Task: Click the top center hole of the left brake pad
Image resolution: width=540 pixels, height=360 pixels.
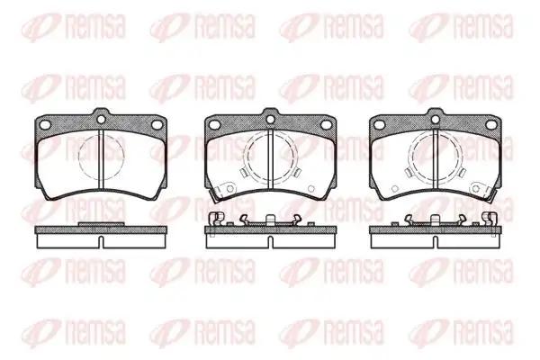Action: tap(101, 119)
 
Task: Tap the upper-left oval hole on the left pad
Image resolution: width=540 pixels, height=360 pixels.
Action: tap(45, 124)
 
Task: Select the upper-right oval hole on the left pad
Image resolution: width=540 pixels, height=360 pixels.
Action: tap(157, 124)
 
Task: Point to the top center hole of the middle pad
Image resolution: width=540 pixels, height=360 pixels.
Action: tap(270, 119)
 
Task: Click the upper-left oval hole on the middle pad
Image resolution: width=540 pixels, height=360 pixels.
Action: tap(214, 124)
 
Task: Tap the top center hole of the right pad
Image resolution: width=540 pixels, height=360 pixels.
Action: tap(436, 119)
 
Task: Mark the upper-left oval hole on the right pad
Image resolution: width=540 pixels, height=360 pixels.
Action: tap(380, 124)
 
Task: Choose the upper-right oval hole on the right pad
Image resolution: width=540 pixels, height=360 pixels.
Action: tap(491, 124)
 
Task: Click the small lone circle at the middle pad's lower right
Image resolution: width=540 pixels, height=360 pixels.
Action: tap(311, 188)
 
